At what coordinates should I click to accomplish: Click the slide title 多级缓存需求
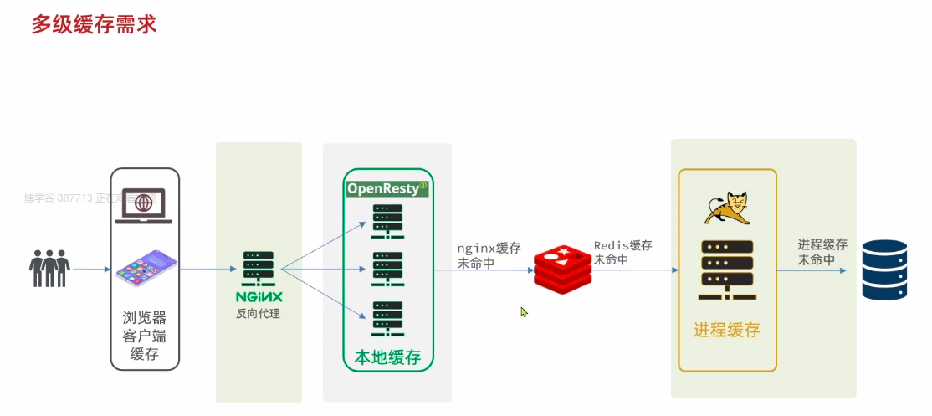pyautogui.click(x=94, y=23)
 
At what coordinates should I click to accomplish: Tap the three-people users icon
pyautogui.click(x=49, y=267)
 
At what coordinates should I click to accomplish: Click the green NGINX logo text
pyautogui.click(x=259, y=297)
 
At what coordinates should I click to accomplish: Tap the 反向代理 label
pyautogui.click(x=258, y=314)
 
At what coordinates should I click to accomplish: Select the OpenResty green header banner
pyautogui.click(x=387, y=188)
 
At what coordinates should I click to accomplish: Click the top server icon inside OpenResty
pyautogui.click(x=387, y=219)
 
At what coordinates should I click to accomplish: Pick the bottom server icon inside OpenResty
pyautogui.click(x=387, y=318)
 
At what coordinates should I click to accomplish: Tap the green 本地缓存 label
pyautogui.click(x=387, y=357)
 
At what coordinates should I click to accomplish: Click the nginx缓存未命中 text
pyautogui.click(x=489, y=255)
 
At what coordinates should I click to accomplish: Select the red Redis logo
pyautogui.click(x=563, y=270)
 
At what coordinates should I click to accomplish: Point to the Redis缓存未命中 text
pyautogui.click(x=623, y=253)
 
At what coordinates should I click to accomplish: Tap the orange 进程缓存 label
pyautogui.click(x=726, y=330)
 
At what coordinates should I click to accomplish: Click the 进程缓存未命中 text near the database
pyautogui.click(x=822, y=252)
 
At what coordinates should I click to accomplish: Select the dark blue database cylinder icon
pyautogui.click(x=884, y=270)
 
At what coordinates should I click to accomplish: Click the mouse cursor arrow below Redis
pyautogui.click(x=524, y=312)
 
